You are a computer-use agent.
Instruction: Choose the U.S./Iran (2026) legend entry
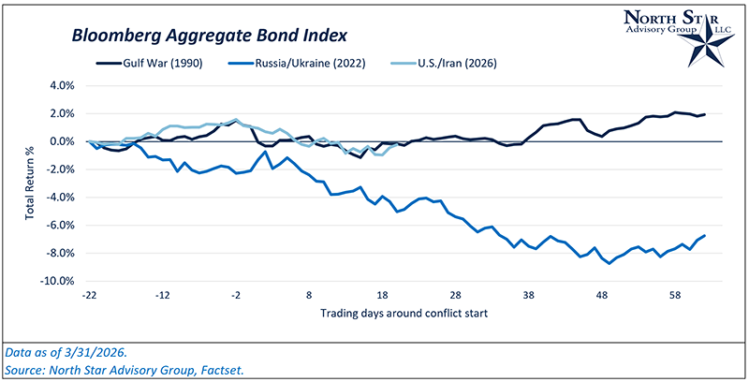[x=445, y=64]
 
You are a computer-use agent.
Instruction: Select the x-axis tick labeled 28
[x=456, y=293]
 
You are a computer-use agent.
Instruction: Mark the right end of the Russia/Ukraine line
[x=704, y=236]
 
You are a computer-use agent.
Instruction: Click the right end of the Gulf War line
[x=704, y=114]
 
